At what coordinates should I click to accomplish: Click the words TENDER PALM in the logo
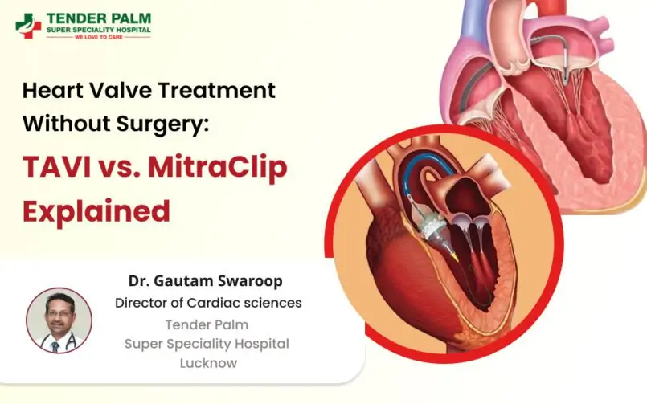99,18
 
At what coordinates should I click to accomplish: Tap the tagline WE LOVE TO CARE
98,37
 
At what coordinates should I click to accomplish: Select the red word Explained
96,210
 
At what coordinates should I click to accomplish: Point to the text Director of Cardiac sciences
208,303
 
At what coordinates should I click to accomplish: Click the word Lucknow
207,363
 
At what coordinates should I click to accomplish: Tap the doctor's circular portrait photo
59,320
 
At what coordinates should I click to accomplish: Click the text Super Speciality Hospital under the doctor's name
207,343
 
